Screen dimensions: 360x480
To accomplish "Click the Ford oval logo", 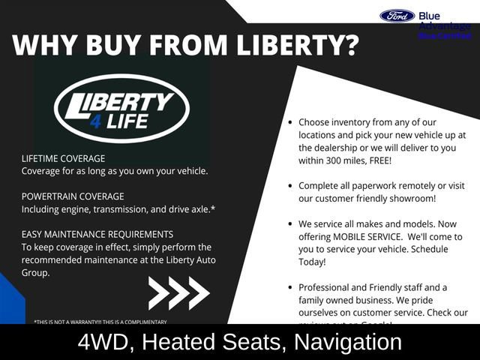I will (x=397, y=16).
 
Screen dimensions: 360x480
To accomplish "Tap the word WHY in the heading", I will (x=44, y=44).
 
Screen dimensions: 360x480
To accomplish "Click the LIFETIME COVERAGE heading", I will (x=63, y=159).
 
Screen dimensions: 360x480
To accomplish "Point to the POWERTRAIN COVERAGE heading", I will (x=72, y=196).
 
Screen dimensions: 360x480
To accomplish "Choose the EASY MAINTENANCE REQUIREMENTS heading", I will (x=97, y=234).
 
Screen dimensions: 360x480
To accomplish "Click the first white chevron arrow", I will (x=159, y=292).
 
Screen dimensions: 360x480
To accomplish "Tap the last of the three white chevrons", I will (x=198, y=292).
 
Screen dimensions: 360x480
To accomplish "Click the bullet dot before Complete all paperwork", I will (x=289, y=185).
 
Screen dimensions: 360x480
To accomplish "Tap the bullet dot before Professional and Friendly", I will (x=289, y=287).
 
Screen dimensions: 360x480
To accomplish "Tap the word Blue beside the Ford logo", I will (x=430, y=16).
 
